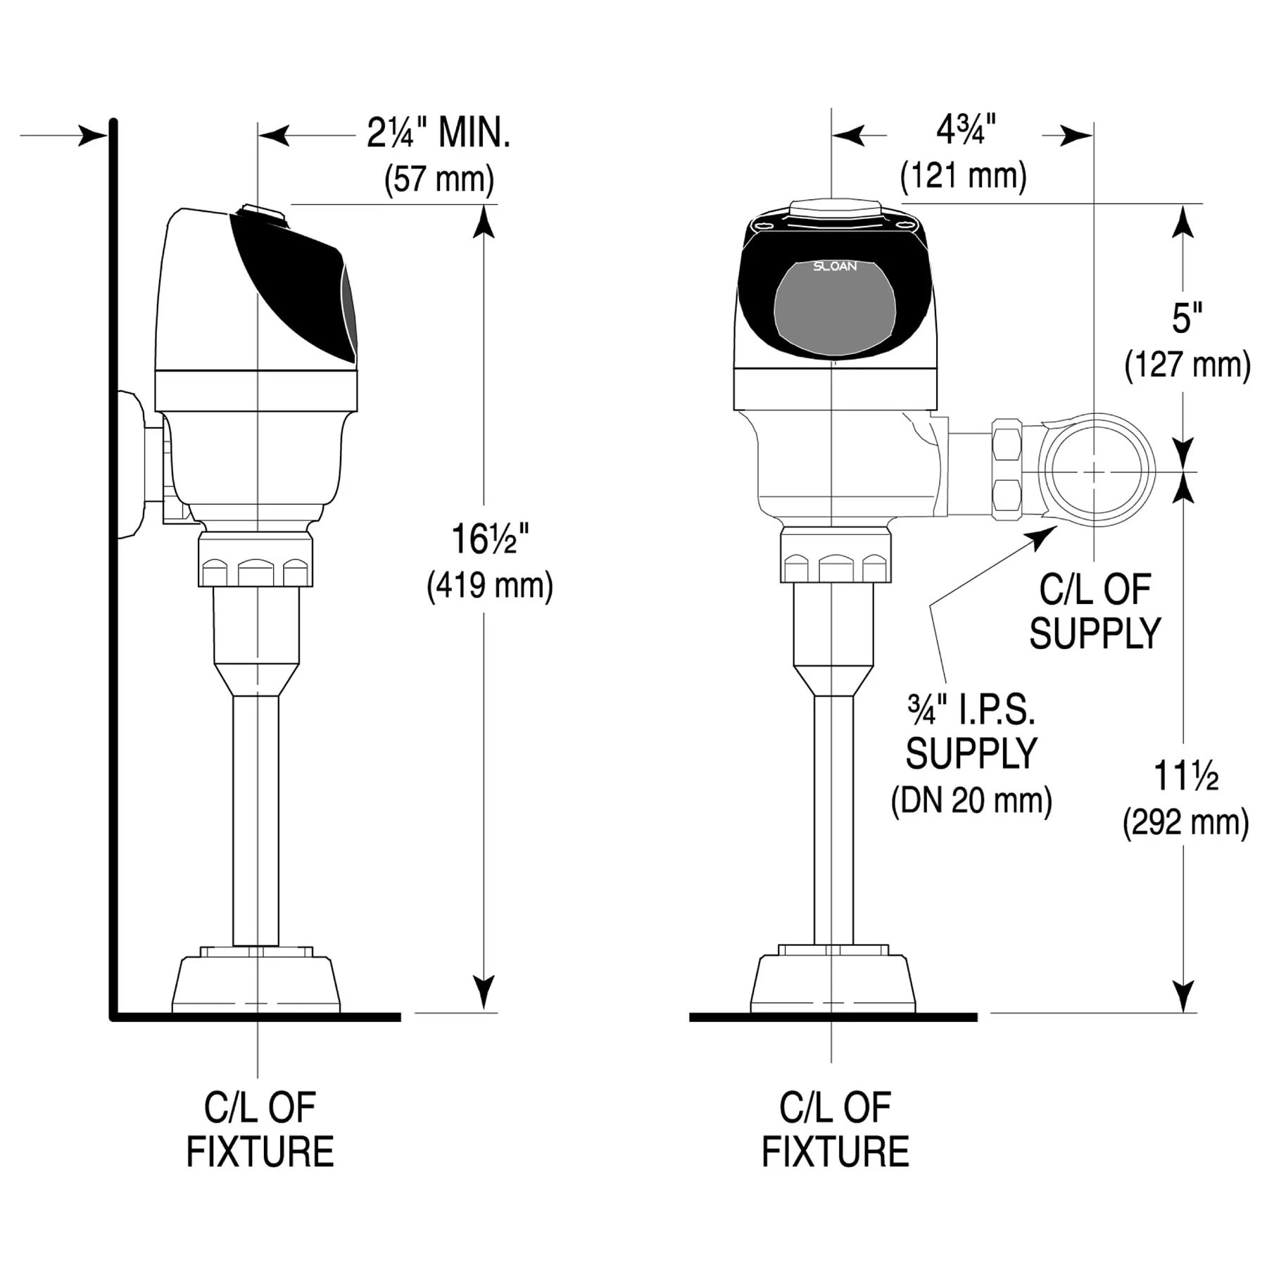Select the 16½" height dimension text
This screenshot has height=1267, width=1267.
tap(489, 540)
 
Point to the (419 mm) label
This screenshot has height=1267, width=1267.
tap(490, 586)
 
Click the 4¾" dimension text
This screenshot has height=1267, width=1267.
tap(966, 130)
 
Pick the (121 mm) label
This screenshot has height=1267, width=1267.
tap(963, 175)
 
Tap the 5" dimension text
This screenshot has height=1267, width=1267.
tap(1187, 318)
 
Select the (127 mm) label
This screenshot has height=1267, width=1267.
tap(1187, 365)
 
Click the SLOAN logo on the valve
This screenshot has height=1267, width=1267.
tap(835, 266)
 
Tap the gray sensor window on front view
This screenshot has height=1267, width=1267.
tap(835, 313)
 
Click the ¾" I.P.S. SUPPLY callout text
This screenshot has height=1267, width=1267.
tap(971, 732)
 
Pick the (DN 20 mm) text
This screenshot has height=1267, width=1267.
tap(971, 801)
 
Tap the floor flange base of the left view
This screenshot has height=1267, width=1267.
tap(256, 983)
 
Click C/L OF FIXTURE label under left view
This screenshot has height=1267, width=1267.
tap(260, 1130)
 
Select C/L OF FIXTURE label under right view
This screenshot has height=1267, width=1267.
tap(835, 1130)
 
